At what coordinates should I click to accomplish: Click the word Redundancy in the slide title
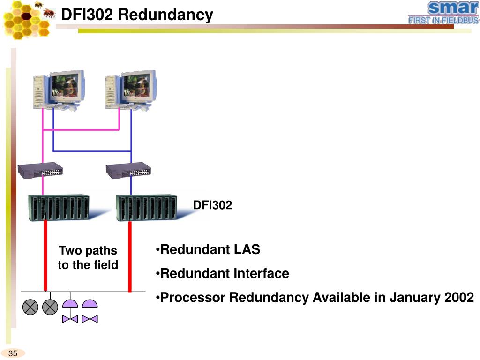(165, 15)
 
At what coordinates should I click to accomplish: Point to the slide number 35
(13, 353)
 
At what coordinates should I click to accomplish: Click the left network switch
(40, 170)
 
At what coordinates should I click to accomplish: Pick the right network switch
(128, 170)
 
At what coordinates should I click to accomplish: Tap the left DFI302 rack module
(59, 207)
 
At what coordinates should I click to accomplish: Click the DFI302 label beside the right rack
(212, 205)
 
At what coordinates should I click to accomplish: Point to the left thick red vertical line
(45, 255)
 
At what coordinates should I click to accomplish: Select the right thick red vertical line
(130, 256)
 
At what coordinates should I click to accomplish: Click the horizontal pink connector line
(81, 130)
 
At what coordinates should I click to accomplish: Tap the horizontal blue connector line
(92, 151)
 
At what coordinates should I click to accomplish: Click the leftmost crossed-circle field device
(30, 307)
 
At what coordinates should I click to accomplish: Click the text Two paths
(88, 251)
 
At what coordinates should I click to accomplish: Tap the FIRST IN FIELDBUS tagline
(443, 20)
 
